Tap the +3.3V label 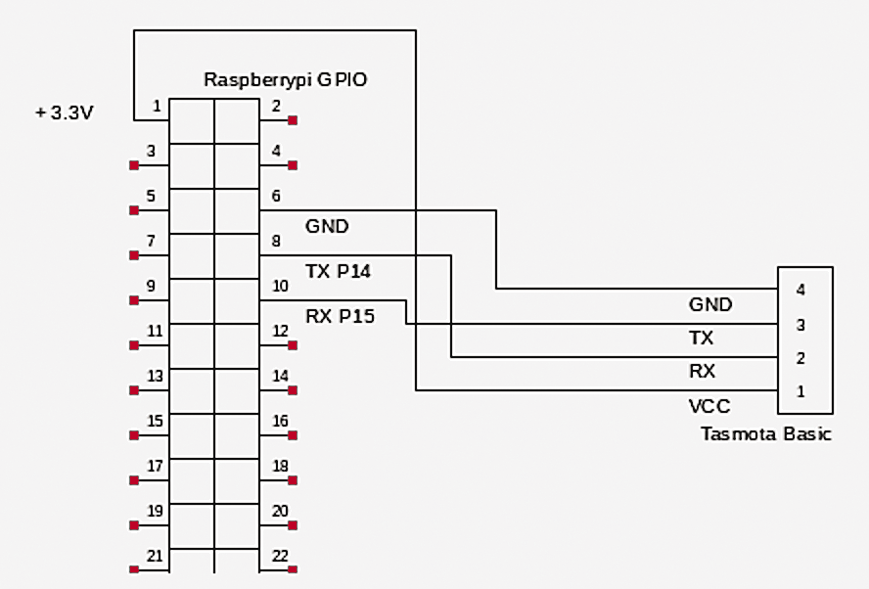coord(64,113)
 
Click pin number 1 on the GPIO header coord(157,106)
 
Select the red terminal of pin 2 coord(293,120)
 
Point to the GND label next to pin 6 coord(327,227)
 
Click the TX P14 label coord(338,272)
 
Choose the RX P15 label coord(339,315)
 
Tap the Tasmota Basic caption coord(765,433)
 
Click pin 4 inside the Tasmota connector coord(800,291)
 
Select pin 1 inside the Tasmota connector coord(800,391)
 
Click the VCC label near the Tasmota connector coord(709,406)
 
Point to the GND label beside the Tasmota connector coord(710,304)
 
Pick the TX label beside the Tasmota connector coord(702,339)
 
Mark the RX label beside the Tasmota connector coord(703,372)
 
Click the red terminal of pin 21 coord(134,569)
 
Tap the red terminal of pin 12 coord(293,345)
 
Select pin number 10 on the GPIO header coord(280,286)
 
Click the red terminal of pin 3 coord(134,165)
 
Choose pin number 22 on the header coord(280,556)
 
